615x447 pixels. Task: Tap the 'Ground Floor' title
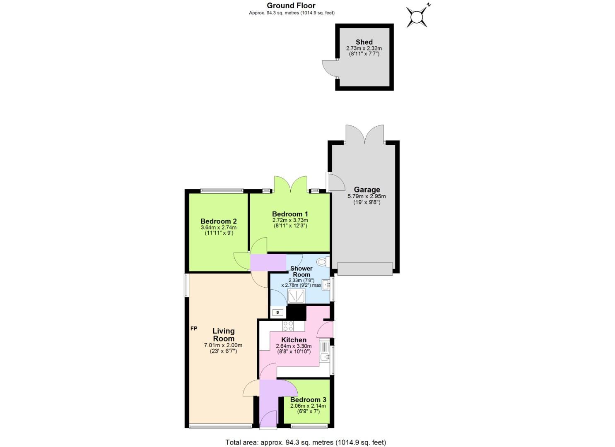point(291,5)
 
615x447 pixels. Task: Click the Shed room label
point(364,42)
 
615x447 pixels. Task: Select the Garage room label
point(367,190)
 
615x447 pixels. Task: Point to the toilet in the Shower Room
point(322,262)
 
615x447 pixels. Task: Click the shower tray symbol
point(297,296)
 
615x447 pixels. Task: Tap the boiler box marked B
point(277,312)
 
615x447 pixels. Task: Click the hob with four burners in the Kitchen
point(288,326)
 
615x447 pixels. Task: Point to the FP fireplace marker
point(194,329)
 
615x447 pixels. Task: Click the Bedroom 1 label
point(290,214)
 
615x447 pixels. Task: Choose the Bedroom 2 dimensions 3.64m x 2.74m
point(219,227)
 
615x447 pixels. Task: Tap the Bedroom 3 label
point(308,400)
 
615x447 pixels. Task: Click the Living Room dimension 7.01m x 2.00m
point(223,345)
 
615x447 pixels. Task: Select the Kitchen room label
point(294,340)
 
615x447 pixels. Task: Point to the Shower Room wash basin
point(326,284)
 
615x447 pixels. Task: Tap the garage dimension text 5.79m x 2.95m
point(367,197)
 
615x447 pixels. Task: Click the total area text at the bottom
point(306,442)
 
